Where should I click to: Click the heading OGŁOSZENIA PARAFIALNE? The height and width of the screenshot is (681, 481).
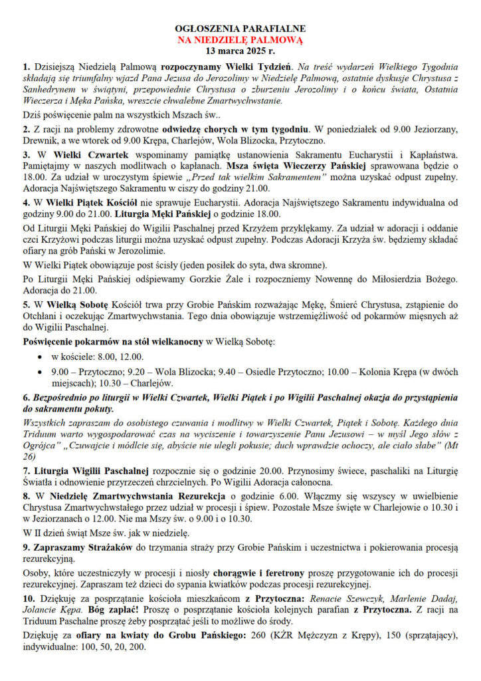point(240,29)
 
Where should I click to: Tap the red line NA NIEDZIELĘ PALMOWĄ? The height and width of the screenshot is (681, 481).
point(240,40)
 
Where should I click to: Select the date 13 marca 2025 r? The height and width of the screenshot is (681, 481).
point(240,51)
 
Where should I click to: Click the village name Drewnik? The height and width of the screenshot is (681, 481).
point(39,140)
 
